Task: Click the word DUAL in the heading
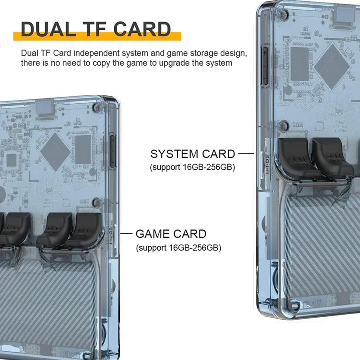49,29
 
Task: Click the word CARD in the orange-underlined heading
142,29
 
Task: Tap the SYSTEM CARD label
192,154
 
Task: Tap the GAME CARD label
171,234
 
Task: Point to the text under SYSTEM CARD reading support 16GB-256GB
192,167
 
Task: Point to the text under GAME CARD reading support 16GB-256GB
178,248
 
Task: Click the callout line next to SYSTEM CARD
246,154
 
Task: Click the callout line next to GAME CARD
126,234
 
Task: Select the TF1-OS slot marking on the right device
267,165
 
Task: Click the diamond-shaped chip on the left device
55,152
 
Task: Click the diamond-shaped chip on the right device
332,66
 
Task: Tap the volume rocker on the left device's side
112,150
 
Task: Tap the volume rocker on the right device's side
265,66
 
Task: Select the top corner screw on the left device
98,107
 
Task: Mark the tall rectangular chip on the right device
299,64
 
